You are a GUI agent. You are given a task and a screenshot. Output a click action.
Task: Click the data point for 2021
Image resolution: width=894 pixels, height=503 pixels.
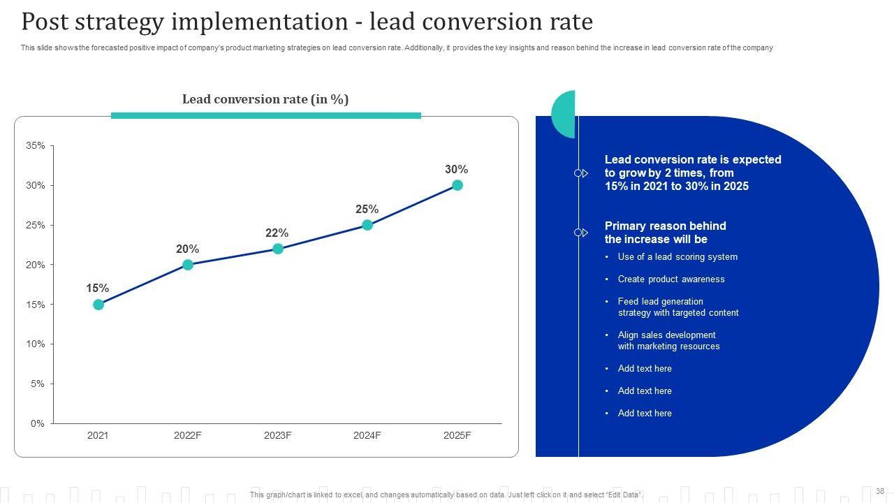[x=98, y=305]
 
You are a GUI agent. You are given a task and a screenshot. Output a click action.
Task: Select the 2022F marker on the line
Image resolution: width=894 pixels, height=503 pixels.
[x=188, y=265]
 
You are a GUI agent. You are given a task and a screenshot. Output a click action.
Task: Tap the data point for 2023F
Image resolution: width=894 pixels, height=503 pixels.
[x=278, y=249]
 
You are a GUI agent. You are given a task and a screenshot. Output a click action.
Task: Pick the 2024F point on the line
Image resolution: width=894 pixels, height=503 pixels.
[x=367, y=225]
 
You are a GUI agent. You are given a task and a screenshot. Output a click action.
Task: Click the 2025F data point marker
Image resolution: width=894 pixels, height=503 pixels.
[x=457, y=185]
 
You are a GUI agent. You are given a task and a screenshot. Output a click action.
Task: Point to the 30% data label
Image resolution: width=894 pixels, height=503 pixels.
[x=456, y=170]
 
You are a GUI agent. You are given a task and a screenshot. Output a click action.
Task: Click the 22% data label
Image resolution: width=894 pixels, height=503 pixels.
[x=277, y=233]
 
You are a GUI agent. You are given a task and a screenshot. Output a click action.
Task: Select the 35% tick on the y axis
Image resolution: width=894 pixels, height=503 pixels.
[x=36, y=146]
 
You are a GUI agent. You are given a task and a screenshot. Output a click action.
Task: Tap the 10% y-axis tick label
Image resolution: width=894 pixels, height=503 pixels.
[x=36, y=344]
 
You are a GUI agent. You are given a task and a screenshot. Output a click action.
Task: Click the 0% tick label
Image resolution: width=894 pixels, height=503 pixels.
[x=38, y=423]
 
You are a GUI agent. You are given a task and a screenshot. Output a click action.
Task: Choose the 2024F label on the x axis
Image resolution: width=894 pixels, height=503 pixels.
[x=367, y=435]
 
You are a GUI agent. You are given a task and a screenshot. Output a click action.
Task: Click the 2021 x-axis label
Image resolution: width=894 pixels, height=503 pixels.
[x=98, y=435]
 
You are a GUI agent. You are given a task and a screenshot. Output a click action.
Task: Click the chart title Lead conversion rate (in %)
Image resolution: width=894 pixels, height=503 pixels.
[x=265, y=99]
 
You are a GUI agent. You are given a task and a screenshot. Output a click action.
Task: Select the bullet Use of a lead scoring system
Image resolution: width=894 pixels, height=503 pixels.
[x=677, y=257]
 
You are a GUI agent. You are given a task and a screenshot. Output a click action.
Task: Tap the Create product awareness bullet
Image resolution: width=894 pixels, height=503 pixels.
[x=671, y=279]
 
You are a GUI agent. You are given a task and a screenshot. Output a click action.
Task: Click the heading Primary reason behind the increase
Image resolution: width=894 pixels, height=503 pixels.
[x=665, y=233]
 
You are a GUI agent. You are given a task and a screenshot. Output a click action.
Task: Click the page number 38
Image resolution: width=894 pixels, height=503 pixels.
[x=880, y=491]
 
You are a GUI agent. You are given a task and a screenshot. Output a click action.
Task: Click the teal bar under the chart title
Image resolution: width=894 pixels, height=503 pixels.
[x=265, y=115]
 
